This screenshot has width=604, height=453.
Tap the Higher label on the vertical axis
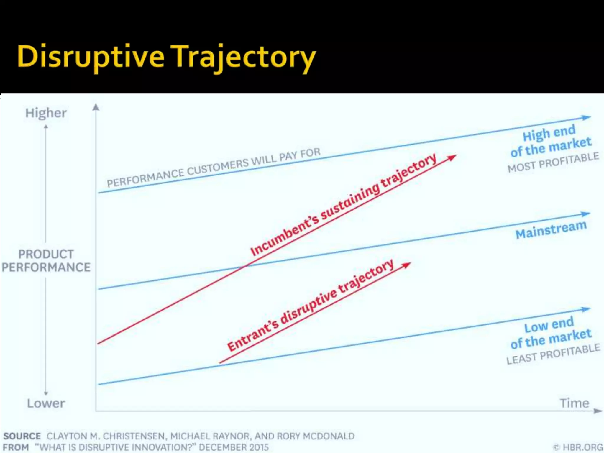click(x=46, y=113)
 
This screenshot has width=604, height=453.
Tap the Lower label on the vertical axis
click(x=46, y=403)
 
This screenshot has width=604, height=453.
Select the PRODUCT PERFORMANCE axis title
click(x=46, y=261)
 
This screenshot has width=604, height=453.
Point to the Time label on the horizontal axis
click(x=574, y=403)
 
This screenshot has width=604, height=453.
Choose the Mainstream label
click(x=551, y=229)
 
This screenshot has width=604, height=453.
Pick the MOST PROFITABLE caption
click(x=553, y=162)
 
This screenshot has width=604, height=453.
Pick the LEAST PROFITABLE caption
click(x=553, y=354)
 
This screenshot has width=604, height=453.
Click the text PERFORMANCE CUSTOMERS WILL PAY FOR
click(x=214, y=168)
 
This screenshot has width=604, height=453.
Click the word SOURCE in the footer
click(x=22, y=436)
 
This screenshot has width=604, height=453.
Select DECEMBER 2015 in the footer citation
click(x=234, y=447)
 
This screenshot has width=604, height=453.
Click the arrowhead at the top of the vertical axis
click(x=96, y=107)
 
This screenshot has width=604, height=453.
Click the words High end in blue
click(x=549, y=133)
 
